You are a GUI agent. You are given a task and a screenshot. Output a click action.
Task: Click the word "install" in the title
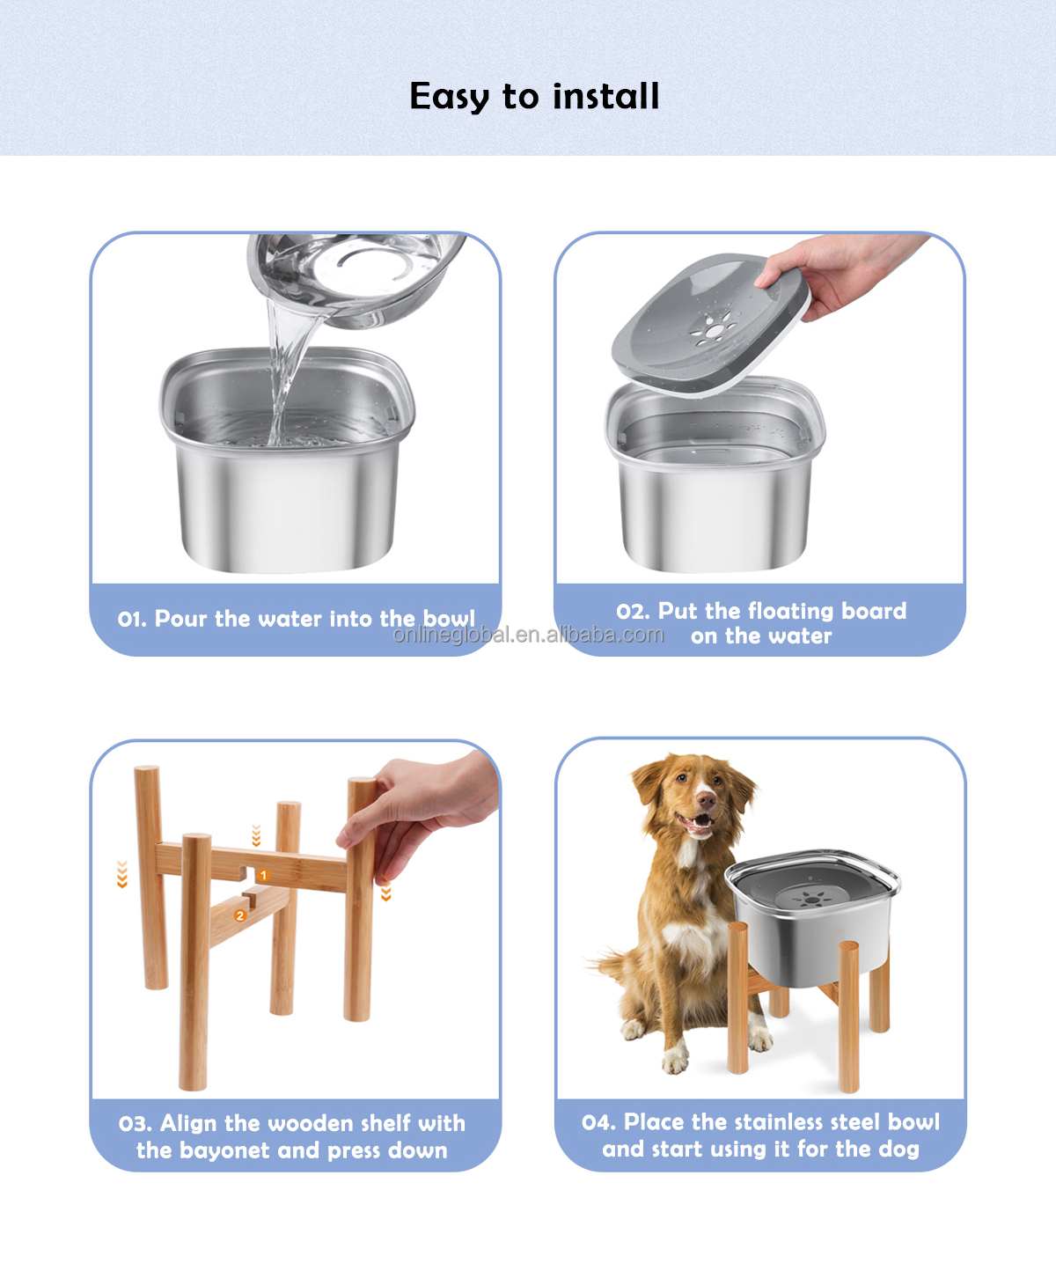coord(605,96)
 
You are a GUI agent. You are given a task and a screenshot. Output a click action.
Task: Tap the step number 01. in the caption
coord(132,620)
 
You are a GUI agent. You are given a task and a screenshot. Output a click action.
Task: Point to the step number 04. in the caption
coord(599,1122)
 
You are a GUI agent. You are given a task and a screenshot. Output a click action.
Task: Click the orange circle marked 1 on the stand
coord(263,875)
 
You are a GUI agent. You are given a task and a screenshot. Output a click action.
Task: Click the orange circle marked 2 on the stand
coord(240,915)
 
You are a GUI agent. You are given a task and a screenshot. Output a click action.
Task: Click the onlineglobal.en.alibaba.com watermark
coord(528,635)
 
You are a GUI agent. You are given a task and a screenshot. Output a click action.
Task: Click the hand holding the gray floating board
coord(840,274)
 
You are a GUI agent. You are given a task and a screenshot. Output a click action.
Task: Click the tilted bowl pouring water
coord(356,277)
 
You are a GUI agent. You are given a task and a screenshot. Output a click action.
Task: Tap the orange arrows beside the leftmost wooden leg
coord(122,875)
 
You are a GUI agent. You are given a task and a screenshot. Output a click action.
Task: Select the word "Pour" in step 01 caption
coord(180,619)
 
